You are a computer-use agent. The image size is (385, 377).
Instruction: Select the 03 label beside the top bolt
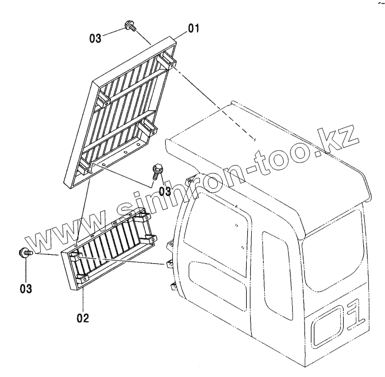(96, 38)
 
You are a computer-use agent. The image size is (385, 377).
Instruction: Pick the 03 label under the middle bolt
(165, 191)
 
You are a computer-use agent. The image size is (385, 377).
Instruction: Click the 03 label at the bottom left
(27, 289)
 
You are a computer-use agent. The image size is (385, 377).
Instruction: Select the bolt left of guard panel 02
(26, 253)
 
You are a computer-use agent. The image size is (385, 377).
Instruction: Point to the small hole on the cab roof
(254, 141)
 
